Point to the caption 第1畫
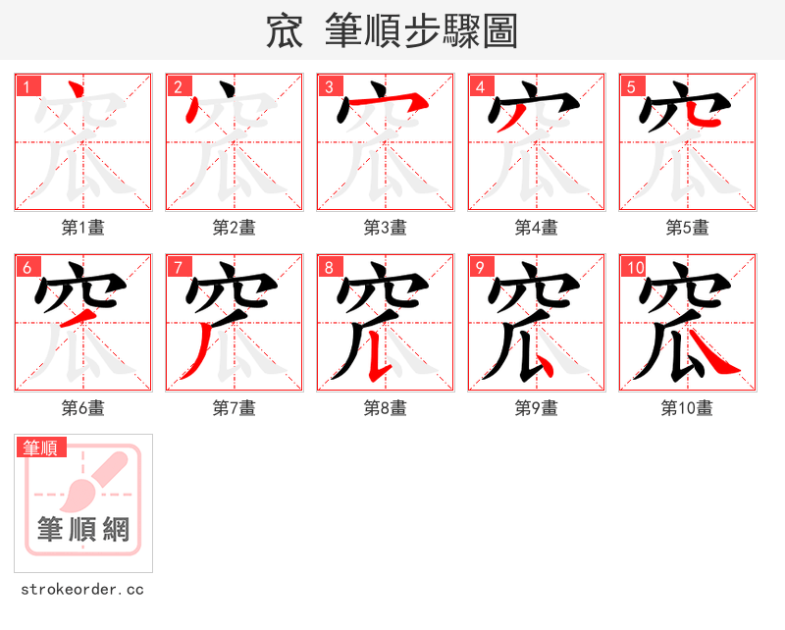coord(83,228)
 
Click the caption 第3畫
coord(386,228)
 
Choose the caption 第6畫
coord(83,408)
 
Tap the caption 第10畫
coord(688,408)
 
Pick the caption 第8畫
coord(386,408)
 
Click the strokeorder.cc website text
coord(82,590)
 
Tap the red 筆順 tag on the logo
coord(41,447)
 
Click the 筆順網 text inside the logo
coord(83,530)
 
